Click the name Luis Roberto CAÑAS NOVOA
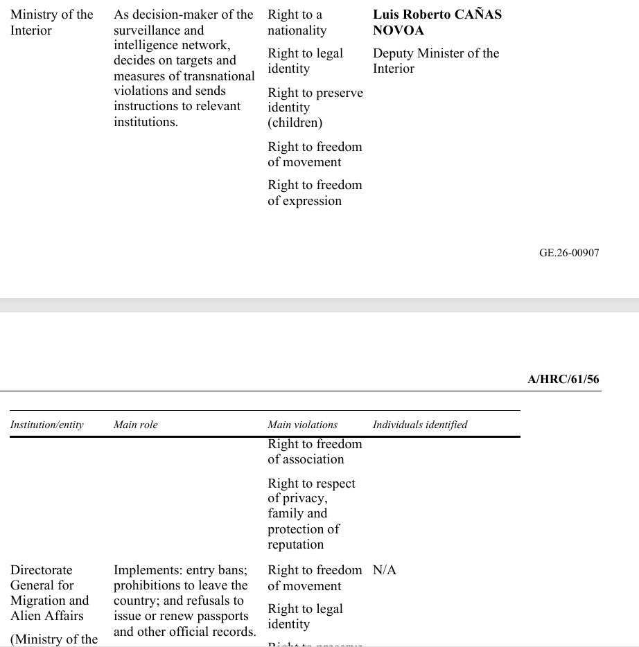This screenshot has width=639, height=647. click(x=437, y=22)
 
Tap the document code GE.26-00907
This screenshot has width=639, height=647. click(x=568, y=253)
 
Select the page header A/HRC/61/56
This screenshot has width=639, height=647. click(x=563, y=379)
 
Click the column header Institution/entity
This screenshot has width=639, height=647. click(x=46, y=425)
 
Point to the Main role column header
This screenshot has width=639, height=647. click(x=135, y=425)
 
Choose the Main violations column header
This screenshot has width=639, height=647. click(x=302, y=425)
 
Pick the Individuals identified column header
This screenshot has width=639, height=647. click(x=419, y=425)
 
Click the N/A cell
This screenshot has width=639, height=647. click(x=384, y=570)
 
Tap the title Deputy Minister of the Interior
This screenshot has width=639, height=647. click(x=435, y=61)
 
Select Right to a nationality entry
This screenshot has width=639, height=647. click(x=297, y=22)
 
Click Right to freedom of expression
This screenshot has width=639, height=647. click(x=315, y=193)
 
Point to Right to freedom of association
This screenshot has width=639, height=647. click(x=315, y=452)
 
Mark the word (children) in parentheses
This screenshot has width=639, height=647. click(x=295, y=123)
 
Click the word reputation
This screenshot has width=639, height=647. click(x=295, y=544)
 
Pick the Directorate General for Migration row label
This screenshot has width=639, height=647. click(x=49, y=593)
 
